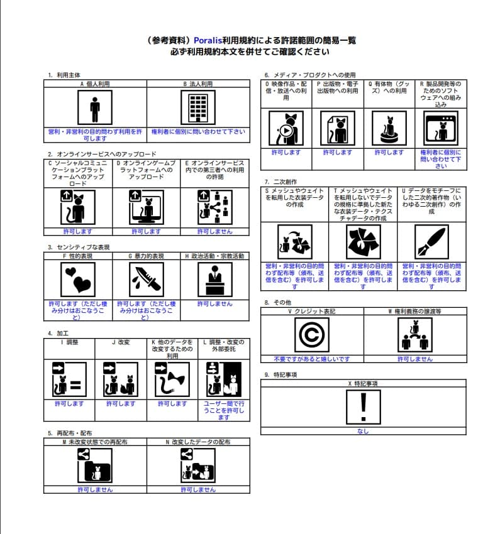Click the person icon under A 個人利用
tap(95, 107)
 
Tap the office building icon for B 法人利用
tap(197, 107)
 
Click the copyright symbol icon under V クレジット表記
tap(311, 335)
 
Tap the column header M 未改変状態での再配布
tap(95, 442)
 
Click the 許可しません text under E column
tap(214, 231)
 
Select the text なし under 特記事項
tap(363, 431)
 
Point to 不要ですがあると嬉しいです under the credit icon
tap(311, 359)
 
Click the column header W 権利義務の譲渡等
tap(415, 311)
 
